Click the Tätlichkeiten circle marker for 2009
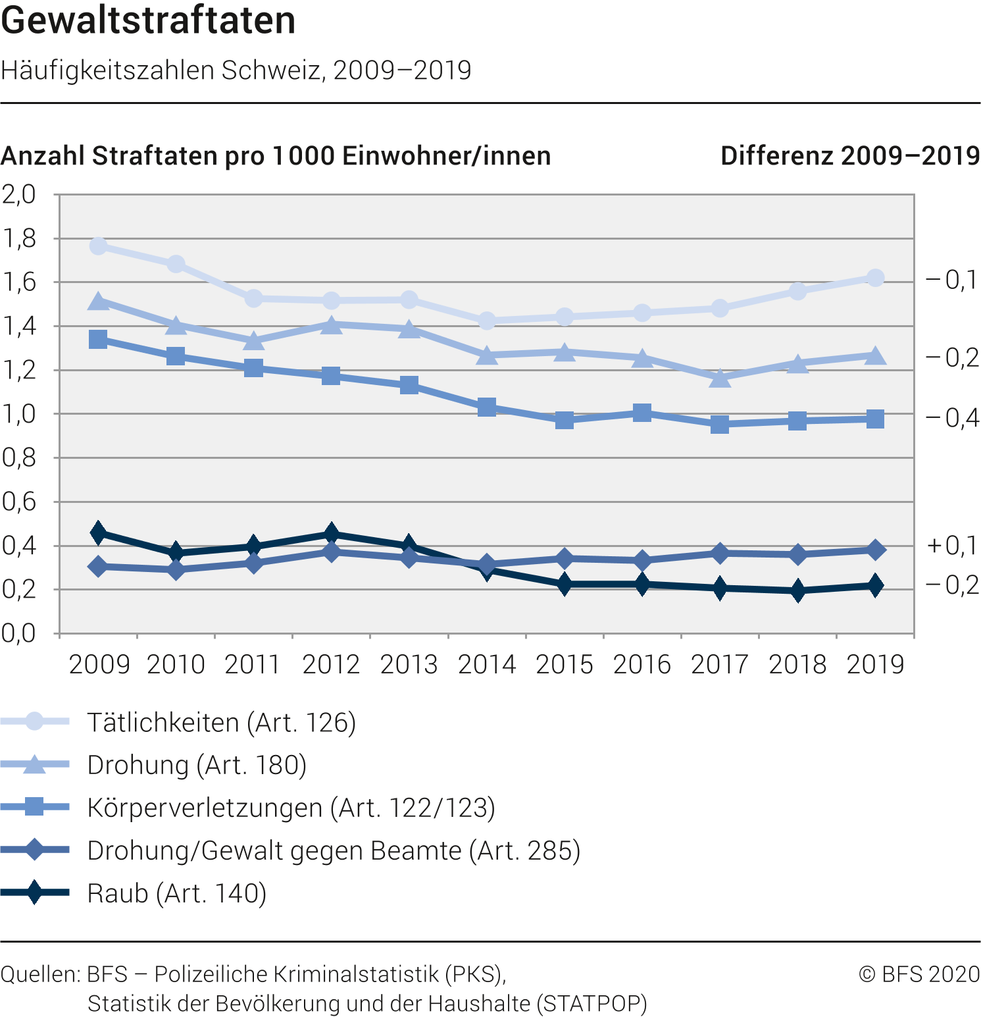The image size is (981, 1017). [x=99, y=246]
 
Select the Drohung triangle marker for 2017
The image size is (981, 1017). [x=720, y=378]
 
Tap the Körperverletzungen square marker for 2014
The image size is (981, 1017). [x=487, y=407]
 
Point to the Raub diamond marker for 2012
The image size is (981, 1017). [x=332, y=533]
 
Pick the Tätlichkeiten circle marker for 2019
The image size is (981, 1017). [x=875, y=278]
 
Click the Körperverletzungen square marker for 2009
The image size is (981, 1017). [x=99, y=340]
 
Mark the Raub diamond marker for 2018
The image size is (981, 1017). [x=797, y=590]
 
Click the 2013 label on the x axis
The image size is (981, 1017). [x=409, y=665]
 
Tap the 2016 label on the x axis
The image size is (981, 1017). [x=641, y=665]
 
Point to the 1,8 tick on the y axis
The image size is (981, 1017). [x=19, y=239]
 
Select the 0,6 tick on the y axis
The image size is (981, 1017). [x=19, y=502]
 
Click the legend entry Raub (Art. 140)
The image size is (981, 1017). [x=176, y=893]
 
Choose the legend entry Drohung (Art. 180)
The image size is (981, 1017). [x=197, y=765]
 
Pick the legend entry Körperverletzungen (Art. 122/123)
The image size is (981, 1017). [x=291, y=808]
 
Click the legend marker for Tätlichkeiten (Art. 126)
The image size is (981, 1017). [x=34, y=721]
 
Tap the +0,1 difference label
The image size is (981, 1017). [x=952, y=546]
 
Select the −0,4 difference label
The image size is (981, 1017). [x=952, y=418]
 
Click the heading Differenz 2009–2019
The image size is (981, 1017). [x=850, y=156]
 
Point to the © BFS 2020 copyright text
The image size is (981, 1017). [x=919, y=974]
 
